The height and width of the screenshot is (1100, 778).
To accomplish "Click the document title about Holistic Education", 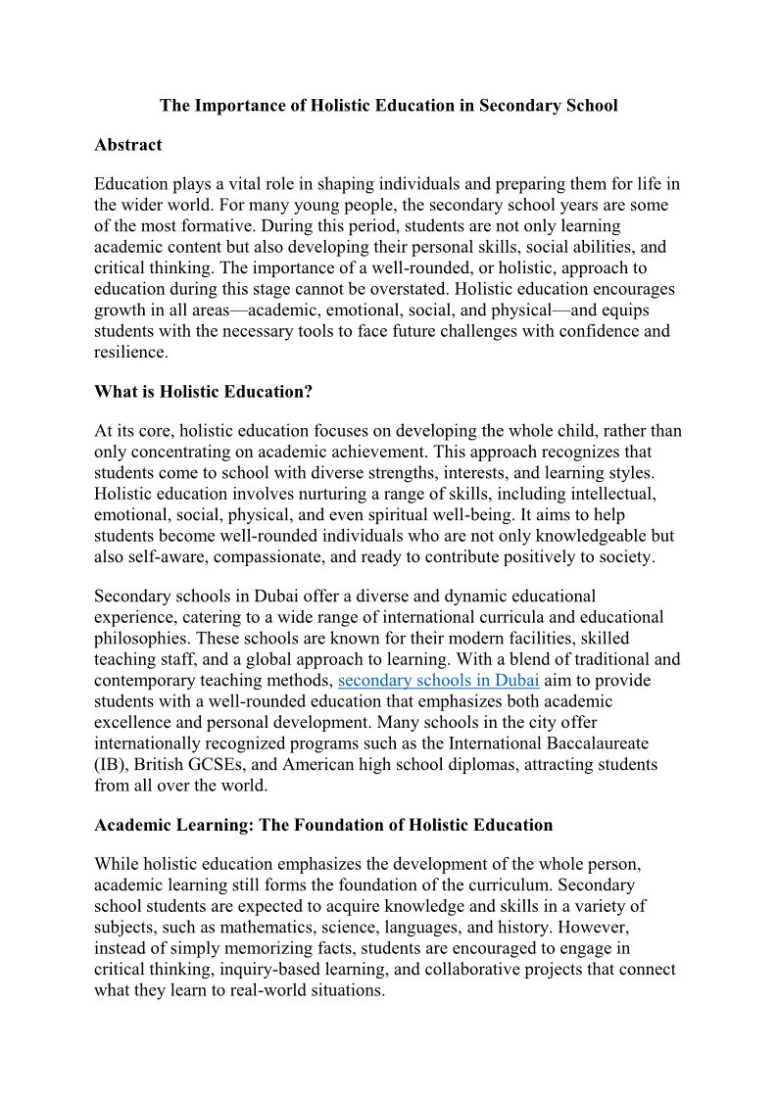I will (389, 106).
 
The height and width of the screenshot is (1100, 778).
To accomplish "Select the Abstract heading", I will (127, 145).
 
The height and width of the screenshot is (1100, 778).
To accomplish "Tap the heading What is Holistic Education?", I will (203, 392).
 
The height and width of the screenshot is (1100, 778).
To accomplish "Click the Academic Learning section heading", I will (323, 825).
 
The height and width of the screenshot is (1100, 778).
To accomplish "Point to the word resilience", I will (130, 352).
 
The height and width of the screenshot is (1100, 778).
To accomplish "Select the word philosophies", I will (138, 639).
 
